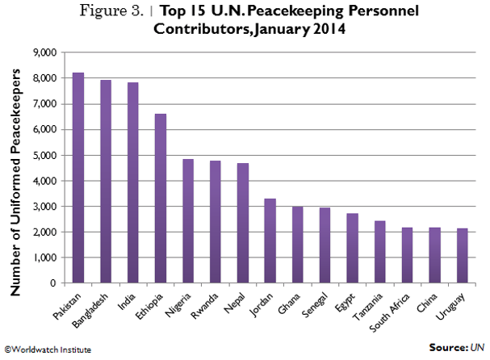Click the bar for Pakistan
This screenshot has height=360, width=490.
[x=78, y=178]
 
